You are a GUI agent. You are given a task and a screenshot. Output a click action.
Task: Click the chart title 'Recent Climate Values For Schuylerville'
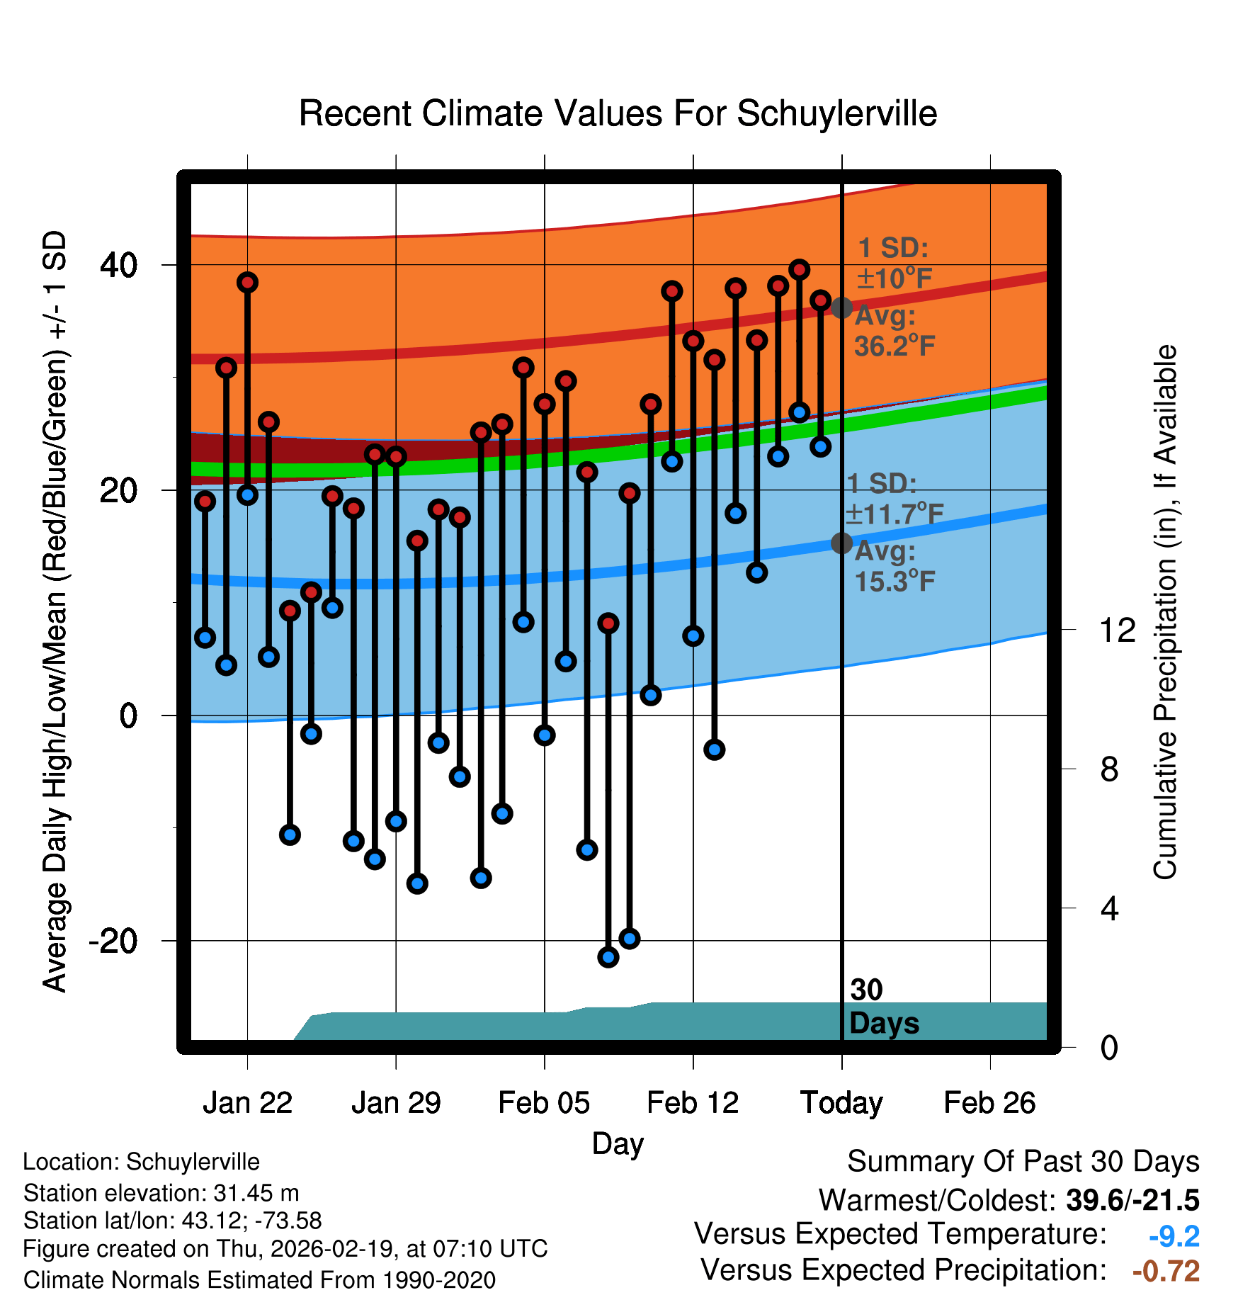[618, 113]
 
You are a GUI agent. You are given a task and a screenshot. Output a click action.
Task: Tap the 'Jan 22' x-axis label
[247, 1103]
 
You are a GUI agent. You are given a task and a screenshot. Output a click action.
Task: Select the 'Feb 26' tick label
[989, 1103]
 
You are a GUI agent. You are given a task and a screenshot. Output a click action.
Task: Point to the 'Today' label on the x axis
[841, 1103]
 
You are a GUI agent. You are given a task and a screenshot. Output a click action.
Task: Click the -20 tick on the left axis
[113, 941]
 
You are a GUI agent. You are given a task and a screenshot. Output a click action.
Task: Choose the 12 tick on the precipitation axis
[1117, 630]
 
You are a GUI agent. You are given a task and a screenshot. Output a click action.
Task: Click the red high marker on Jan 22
[247, 283]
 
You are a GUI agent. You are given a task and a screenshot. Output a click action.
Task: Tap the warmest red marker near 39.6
[800, 270]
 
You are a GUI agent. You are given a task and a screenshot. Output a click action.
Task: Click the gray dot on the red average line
[841, 308]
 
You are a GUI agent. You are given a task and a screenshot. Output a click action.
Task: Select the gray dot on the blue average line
[841, 543]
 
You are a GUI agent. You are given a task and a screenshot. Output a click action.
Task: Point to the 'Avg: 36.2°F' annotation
[895, 331]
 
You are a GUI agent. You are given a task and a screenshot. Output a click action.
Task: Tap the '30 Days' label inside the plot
[884, 1007]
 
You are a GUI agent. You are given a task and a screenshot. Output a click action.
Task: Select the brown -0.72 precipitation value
[1166, 1271]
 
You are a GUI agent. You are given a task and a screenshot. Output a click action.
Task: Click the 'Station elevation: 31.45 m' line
[161, 1193]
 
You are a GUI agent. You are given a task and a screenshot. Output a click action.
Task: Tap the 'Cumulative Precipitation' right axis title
[1165, 612]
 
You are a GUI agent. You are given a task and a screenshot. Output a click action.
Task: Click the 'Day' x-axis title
[618, 1144]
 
